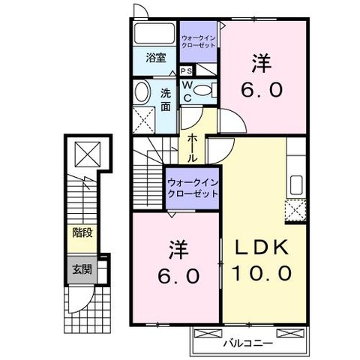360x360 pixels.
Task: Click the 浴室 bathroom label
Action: tap(156, 58)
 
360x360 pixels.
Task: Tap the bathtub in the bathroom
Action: tap(154, 33)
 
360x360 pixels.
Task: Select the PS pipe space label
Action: tap(187, 71)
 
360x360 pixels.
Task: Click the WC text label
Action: tap(187, 91)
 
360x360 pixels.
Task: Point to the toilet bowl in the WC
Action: tap(202, 90)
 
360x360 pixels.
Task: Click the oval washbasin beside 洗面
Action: tap(142, 91)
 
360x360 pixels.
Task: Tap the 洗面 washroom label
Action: tap(166, 100)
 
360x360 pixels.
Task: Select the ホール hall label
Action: tap(192, 148)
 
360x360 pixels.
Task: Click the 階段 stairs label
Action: tap(82, 232)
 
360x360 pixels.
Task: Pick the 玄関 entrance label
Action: tap(82, 269)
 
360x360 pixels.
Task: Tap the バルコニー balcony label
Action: tap(247, 343)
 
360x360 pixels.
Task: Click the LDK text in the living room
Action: tap(262, 247)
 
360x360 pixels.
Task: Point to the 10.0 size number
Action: tap(262, 272)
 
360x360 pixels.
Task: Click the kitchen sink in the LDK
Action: tap(296, 185)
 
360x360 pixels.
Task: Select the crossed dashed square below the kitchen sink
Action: tap(296, 210)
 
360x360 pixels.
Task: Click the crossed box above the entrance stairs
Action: tap(88, 154)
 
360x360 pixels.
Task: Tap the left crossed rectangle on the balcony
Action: tap(208, 333)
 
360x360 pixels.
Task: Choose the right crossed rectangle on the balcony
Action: tap(290, 333)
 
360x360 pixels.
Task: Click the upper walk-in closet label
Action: tap(198, 42)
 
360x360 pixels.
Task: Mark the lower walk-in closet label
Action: tap(193, 188)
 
